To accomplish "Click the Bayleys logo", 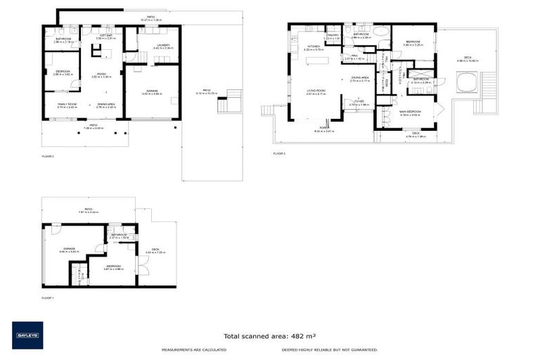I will click(x=27, y=335).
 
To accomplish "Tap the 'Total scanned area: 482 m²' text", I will click(x=269, y=336).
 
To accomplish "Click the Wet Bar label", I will click(x=106, y=35).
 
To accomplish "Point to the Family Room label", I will click(x=67, y=104).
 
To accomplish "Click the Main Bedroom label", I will click(x=410, y=112).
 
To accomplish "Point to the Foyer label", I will click(x=359, y=102).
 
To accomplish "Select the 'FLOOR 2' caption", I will click(x=48, y=156).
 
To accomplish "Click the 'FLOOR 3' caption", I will click(x=280, y=153).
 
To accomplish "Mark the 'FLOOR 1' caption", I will click(x=48, y=298).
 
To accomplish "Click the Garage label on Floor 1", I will click(x=69, y=248).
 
